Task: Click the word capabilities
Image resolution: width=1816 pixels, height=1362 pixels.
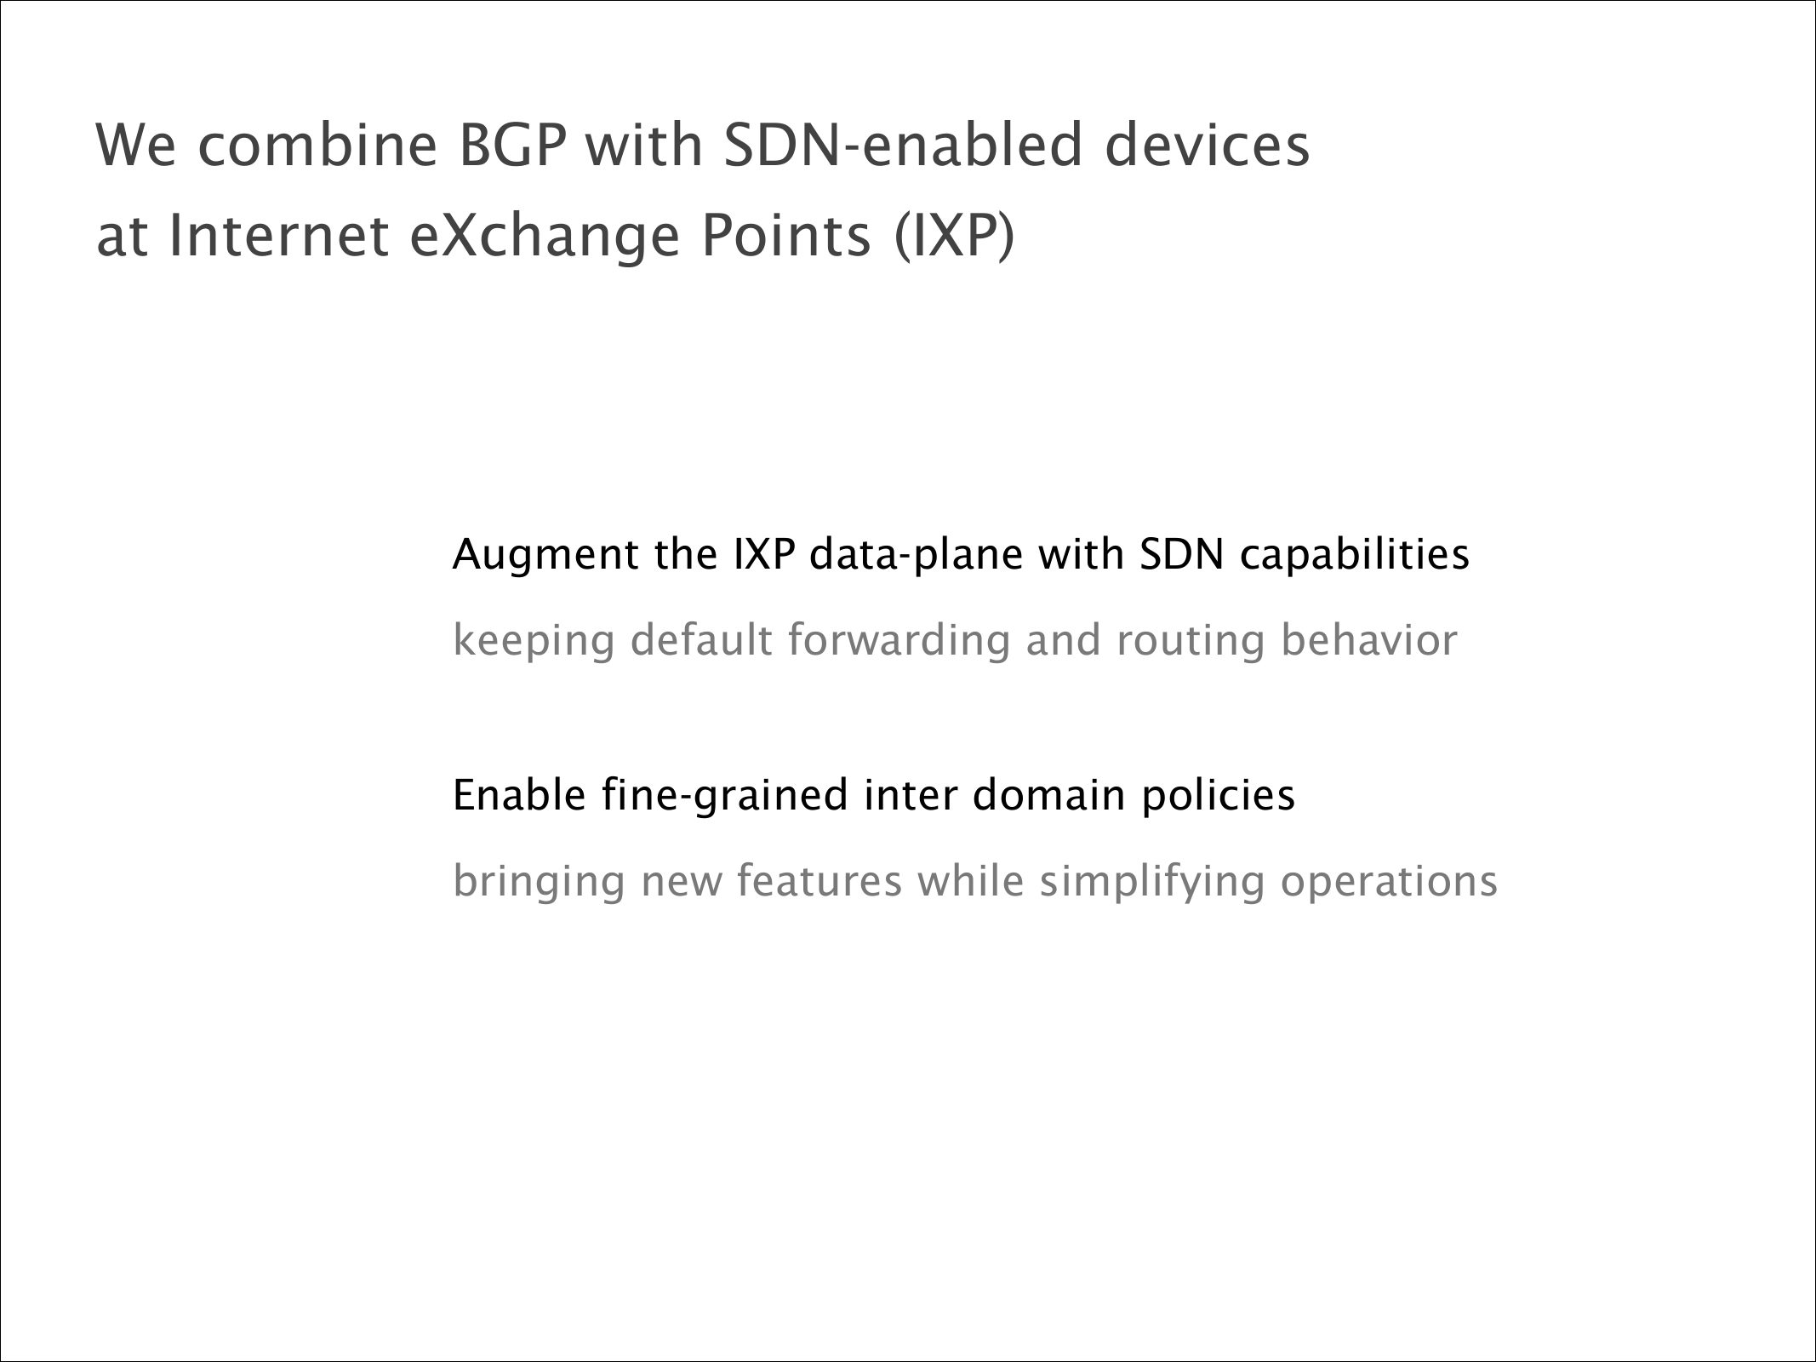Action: (1354, 556)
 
